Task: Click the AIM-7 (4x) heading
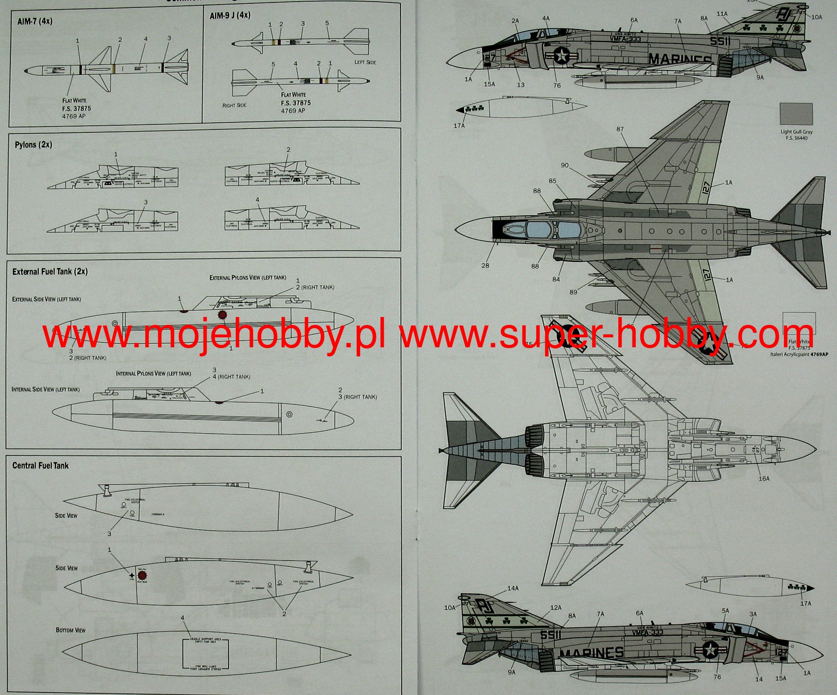click(x=35, y=21)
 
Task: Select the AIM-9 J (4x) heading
click(x=230, y=16)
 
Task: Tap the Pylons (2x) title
click(x=34, y=145)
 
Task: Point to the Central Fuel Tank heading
click(x=40, y=466)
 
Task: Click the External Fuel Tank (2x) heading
click(x=50, y=272)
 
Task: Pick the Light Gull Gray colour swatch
click(x=796, y=114)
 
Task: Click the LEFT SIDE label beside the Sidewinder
click(x=365, y=62)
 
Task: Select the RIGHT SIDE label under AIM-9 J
click(x=234, y=105)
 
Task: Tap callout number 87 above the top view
click(x=620, y=129)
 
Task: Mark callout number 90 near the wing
click(x=564, y=165)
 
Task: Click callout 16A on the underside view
click(x=764, y=478)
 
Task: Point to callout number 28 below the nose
click(x=485, y=266)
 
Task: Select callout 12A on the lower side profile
click(x=556, y=607)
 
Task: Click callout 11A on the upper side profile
click(x=722, y=14)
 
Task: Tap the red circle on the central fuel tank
click(x=142, y=576)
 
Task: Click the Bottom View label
click(x=71, y=630)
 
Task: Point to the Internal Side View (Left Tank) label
click(x=46, y=389)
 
